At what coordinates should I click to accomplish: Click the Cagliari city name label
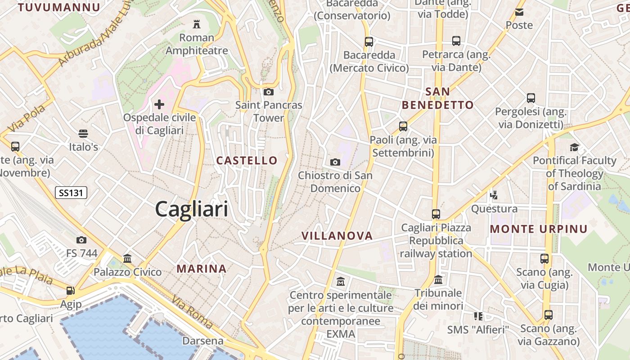tap(191, 210)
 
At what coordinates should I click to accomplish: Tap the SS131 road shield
tap(71, 193)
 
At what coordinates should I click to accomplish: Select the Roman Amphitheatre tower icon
tap(196, 24)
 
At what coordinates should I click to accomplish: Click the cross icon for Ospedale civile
tap(159, 104)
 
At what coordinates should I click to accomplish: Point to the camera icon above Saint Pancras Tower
tap(269, 92)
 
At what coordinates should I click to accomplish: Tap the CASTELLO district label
tap(247, 161)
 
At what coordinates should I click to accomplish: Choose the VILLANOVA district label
tap(337, 236)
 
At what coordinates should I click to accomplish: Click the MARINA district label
tap(201, 269)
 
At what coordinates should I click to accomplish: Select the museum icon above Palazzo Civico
tap(127, 259)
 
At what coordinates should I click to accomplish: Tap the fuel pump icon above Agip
tap(70, 291)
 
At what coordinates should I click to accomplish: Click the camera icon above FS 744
tap(81, 240)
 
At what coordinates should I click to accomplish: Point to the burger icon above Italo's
tap(83, 134)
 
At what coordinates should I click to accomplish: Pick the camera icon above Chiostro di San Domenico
tap(335, 162)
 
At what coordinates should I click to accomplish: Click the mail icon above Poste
tap(519, 12)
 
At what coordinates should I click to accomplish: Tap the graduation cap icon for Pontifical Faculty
tap(574, 147)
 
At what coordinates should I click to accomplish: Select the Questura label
tap(494, 209)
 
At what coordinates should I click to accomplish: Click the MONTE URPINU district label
tap(539, 229)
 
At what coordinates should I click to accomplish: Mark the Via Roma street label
tap(192, 313)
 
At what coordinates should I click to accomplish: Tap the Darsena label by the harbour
tap(202, 341)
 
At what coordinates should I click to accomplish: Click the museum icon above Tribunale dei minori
tap(438, 280)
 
